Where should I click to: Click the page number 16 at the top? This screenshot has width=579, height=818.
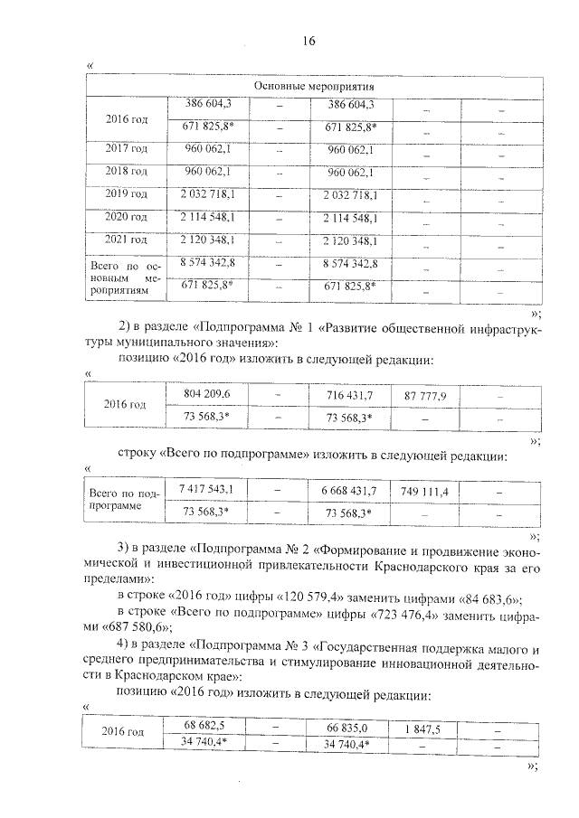(x=308, y=42)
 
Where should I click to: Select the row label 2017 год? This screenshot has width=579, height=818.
(x=126, y=149)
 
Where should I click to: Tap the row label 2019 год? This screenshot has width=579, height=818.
(x=126, y=194)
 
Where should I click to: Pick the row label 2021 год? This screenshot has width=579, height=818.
(x=126, y=240)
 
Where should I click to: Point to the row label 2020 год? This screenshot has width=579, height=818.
(x=126, y=218)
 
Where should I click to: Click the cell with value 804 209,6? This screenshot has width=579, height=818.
(x=207, y=395)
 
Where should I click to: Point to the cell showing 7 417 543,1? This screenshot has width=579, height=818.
(x=207, y=490)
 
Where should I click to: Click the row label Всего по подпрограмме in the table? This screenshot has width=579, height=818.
(x=123, y=500)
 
